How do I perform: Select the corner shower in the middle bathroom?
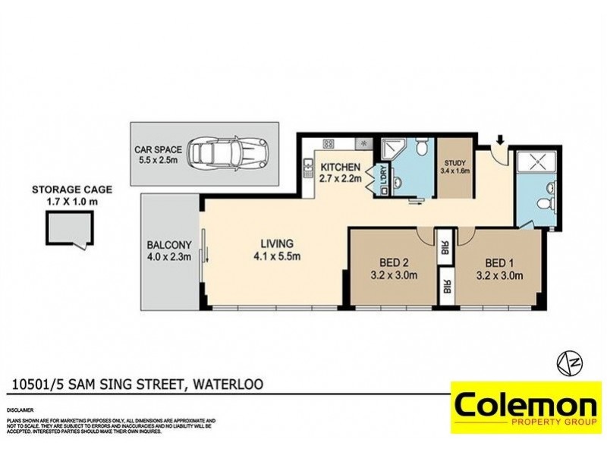click(x=392, y=150)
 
